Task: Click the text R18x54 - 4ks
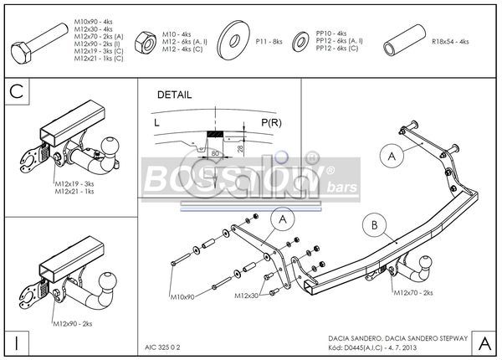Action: pyautogui.click(x=451, y=41)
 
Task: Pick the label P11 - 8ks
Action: pyautogui.click(x=269, y=41)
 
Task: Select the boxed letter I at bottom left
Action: pyautogui.click(x=16, y=342)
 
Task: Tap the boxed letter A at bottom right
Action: pyautogui.click(x=484, y=342)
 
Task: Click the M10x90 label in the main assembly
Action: pyautogui.click(x=182, y=296)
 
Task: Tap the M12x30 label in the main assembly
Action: pyautogui.click(x=244, y=296)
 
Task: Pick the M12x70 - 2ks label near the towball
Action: pyautogui.click(x=413, y=293)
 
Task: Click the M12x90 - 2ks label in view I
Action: pyautogui.click(x=73, y=322)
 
